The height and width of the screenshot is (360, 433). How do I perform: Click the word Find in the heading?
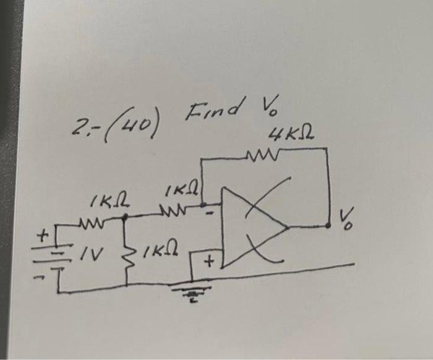[205, 112]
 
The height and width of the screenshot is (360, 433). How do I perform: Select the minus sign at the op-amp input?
[210, 213]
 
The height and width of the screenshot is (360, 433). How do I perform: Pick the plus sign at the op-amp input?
[209, 262]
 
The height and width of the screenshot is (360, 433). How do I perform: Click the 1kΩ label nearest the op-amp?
[181, 188]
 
